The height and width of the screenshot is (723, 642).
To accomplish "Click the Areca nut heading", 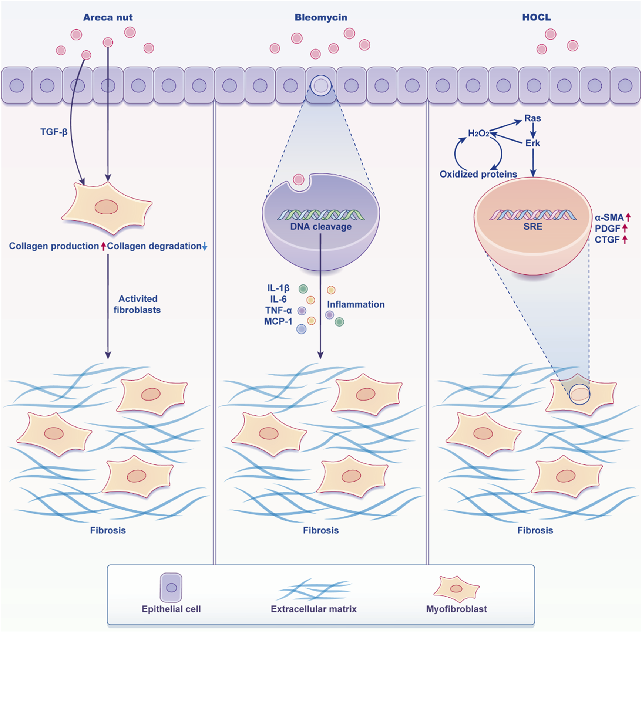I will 108,17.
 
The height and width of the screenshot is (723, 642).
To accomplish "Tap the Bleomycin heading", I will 321,17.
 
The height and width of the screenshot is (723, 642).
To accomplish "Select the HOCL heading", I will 536,17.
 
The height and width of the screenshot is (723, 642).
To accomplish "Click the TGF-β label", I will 54,132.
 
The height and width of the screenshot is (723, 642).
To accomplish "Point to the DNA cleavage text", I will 321,227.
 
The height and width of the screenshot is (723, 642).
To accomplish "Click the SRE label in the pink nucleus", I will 532,227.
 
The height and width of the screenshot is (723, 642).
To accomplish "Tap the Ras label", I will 532,118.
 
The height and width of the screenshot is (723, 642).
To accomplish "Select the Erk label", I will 532,143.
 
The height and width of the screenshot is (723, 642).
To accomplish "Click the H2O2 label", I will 478,134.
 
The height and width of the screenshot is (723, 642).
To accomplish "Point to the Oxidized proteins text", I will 478,174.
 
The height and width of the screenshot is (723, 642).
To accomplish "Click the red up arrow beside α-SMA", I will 628,217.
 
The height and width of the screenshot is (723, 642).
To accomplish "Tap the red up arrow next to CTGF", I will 625,239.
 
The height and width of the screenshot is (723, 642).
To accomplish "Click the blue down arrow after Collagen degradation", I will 205,247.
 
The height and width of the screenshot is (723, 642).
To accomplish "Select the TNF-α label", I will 278,310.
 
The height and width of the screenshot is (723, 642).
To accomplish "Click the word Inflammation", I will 356,304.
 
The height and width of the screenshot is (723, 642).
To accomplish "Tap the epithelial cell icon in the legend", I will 171,588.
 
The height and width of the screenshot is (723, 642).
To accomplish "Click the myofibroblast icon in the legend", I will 456,588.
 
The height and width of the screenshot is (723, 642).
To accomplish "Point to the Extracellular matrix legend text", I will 313,609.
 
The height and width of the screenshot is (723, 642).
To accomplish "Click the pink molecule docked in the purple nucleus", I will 299,180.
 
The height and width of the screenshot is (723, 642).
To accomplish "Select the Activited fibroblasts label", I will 137,304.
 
